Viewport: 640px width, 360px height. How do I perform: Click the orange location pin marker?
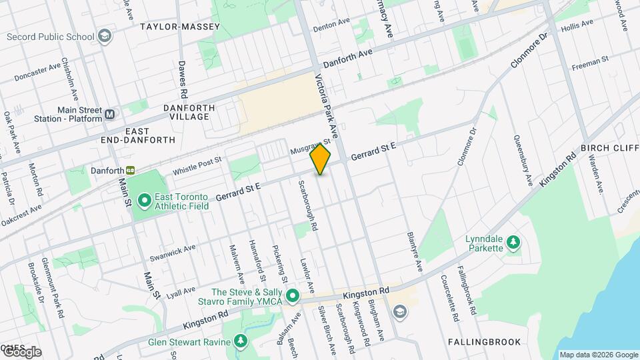click(321, 159)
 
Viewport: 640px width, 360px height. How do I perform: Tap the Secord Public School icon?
click(105, 35)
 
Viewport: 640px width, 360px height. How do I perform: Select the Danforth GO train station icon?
click(131, 170)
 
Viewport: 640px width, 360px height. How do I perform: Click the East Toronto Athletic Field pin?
click(145, 200)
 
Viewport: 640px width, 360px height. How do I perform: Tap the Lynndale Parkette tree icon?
click(513, 242)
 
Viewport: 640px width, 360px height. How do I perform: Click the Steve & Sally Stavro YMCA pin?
click(292, 295)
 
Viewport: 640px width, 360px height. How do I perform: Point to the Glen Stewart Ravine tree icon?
click(241, 342)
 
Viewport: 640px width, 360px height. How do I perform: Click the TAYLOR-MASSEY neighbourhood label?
click(171, 27)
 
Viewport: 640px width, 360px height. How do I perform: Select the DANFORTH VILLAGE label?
click(189, 112)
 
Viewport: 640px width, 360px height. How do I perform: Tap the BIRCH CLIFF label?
click(609, 147)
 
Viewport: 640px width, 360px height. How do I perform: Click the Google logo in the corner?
click(22, 351)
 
